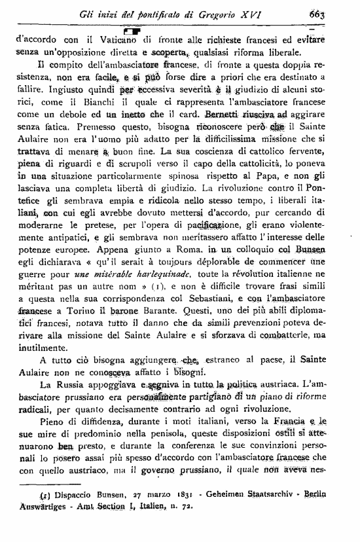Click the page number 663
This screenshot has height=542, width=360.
[336, 15]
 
